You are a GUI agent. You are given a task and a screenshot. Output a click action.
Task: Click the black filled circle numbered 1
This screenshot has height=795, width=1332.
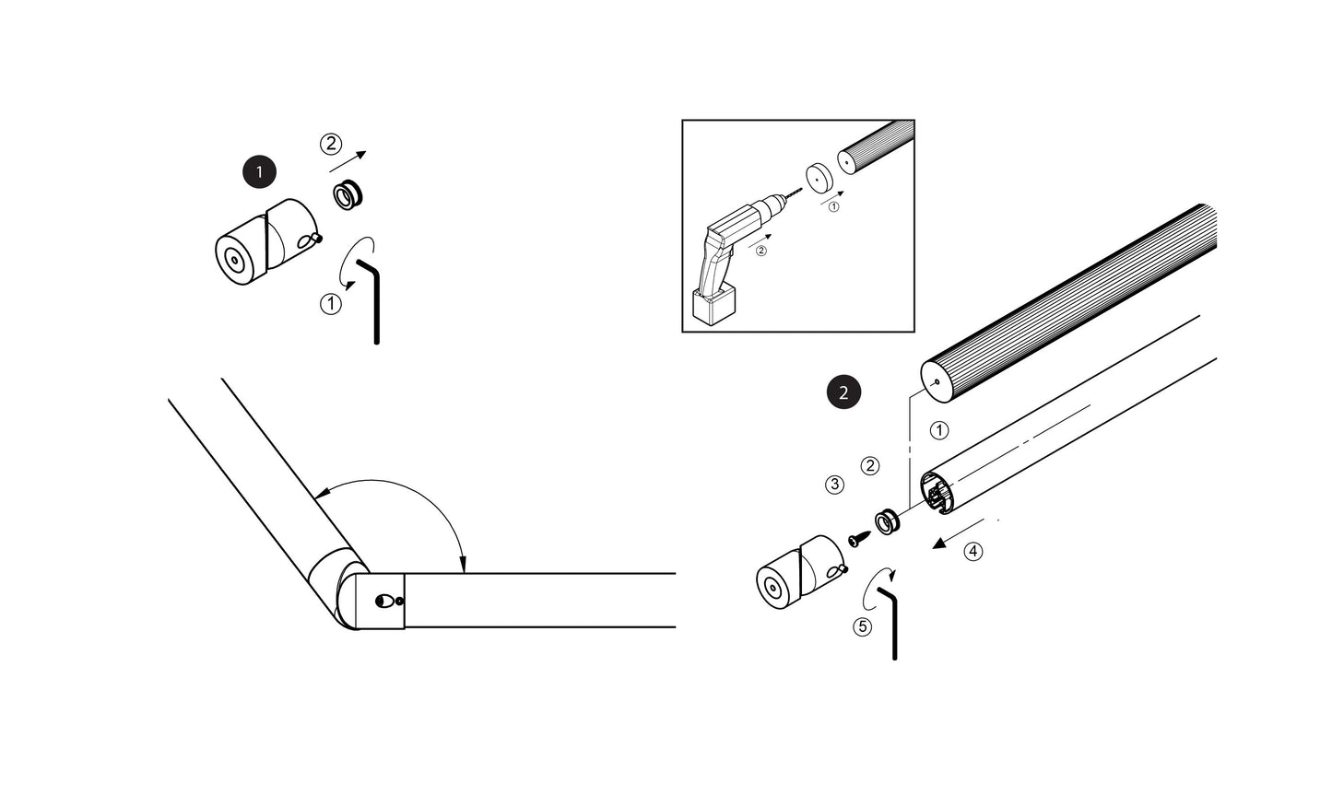tap(259, 171)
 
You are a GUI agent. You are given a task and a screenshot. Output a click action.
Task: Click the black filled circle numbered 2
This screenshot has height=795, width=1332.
tap(843, 392)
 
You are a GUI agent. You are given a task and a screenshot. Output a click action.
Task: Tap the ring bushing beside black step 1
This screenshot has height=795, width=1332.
tap(348, 194)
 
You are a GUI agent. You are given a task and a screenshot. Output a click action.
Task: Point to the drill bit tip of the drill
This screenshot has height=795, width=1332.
tap(801, 190)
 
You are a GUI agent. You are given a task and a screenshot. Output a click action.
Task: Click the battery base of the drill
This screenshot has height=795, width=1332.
tap(714, 304)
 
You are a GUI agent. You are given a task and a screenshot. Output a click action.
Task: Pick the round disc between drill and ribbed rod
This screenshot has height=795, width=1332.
tap(819, 177)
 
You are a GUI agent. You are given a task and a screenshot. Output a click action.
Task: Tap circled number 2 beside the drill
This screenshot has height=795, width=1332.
tap(761, 251)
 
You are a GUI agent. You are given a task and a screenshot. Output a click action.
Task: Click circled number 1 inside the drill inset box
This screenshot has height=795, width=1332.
tap(833, 206)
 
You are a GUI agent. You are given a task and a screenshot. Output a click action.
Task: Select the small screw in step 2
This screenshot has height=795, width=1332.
tap(860, 539)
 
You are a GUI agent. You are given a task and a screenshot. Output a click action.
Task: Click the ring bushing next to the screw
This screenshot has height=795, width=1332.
tap(887, 521)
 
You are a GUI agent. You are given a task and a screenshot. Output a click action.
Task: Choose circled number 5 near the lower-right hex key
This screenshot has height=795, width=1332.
tap(862, 626)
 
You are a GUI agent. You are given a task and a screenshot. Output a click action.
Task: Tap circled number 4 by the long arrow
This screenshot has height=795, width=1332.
tap(972, 552)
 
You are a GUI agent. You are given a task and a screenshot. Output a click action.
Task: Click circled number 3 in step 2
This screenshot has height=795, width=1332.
tap(834, 485)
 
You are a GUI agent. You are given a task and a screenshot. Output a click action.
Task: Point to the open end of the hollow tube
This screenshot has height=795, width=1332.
tap(937, 492)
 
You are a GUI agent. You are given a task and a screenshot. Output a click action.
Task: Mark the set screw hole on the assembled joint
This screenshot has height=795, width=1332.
tap(383, 602)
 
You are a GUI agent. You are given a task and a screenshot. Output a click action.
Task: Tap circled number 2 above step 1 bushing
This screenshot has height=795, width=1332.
tap(331, 144)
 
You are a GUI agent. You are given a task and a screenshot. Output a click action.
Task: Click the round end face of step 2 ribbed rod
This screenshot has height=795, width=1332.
tap(937, 382)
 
